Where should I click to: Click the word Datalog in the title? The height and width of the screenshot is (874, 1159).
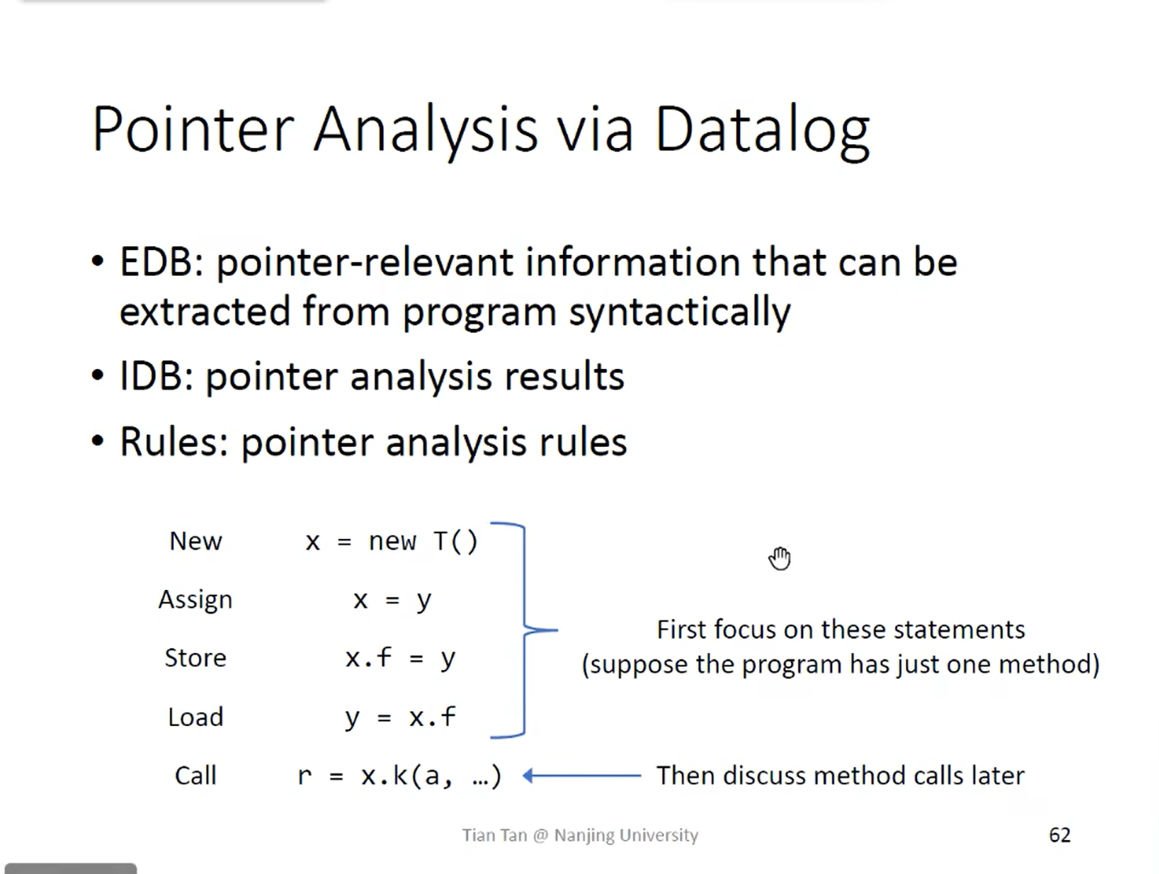(x=762, y=132)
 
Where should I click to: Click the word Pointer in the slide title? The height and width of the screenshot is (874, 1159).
(x=192, y=129)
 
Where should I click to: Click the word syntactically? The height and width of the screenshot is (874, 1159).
(x=679, y=312)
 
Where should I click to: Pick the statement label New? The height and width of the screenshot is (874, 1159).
(x=196, y=541)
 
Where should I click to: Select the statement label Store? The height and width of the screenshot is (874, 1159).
(x=196, y=658)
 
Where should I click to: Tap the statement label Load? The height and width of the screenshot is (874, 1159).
(x=196, y=717)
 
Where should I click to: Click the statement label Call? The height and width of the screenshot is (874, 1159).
(x=196, y=776)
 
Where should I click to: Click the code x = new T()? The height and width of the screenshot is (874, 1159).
(x=391, y=542)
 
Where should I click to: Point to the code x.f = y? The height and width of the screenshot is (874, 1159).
(x=400, y=659)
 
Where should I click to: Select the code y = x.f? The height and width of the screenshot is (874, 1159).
(x=400, y=718)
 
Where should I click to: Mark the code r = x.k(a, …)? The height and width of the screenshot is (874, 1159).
(x=400, y=776)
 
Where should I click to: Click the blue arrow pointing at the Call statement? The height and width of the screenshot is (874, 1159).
(x=582, y=776)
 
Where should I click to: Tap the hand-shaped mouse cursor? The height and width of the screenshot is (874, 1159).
(x=780, y=558)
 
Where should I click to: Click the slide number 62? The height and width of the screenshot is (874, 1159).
(x=1060, y=835)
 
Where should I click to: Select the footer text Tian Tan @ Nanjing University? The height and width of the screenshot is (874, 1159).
(x=580, y=835)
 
